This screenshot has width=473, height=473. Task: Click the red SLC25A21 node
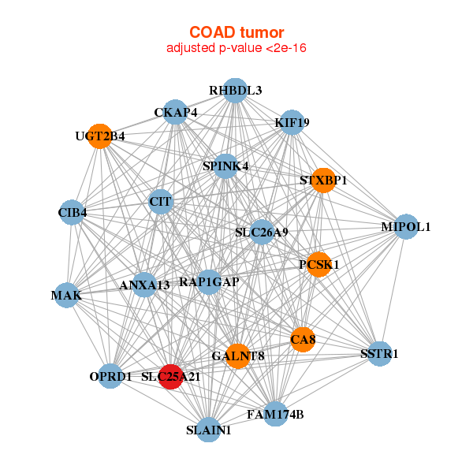pyautogui.click(x=172, y=377)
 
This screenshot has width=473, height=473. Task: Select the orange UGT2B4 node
pyautogui.click(x=99, y=136)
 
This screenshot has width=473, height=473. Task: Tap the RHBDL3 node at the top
pyautogui.click(x=235, y=91)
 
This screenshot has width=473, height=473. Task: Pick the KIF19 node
pyautogui.click(x=292, y=122)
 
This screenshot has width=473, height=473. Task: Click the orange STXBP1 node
pyautogui.click(x=323, y=181)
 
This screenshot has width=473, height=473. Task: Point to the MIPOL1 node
pyautogui.click(x=405, y=226)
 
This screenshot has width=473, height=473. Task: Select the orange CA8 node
pyautogui.click(x=303, y=340)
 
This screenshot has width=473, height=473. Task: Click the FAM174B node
pyautogui.click(x=274, y=413)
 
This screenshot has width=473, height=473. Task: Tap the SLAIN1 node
pyautogui.click(x=209, y=430)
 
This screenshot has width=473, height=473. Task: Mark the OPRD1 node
pyautogui.click(x=111, y=376)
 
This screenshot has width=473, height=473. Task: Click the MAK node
pyautogui.click(x=66, y=296)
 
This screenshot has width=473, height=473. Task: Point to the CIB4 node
pyautogui.click(x=73, y=212)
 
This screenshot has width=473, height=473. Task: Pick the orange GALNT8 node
pyautogui.click(x=237, y=356)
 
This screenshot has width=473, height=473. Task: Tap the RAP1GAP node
pyautogui.click(x=209, y=281)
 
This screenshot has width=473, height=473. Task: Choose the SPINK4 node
pyautogui.click(x=225, y=166)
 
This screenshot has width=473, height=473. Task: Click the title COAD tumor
pyautogui.click(x=236, y=32)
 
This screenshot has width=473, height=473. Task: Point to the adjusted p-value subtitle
pyautogui.click(x=236, y=48)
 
